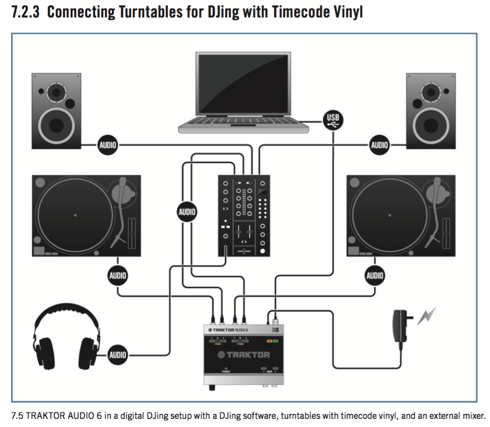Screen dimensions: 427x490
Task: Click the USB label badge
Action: (333, 119)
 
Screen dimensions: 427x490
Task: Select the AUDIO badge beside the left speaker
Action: (107, 146)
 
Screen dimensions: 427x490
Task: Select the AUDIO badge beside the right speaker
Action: (379, 146)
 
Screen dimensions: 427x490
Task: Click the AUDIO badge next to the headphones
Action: (117, 354)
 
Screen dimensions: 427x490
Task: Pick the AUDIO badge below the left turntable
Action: (117, 275)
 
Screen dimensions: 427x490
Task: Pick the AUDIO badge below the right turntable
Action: (375, 275)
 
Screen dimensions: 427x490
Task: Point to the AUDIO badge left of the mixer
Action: (186, 212)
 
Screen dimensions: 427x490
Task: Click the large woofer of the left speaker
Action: (56, 125)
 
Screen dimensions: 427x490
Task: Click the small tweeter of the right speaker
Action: (431, 92)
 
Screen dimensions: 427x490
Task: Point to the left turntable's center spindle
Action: (75, 215)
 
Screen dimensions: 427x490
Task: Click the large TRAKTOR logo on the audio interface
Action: (243, 355)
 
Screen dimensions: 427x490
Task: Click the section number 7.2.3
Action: (25, 12)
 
